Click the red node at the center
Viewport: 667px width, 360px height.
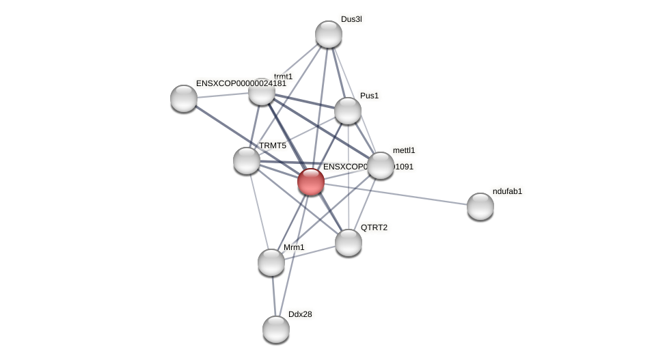coord(311,182)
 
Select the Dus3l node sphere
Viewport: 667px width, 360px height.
coord(329,34)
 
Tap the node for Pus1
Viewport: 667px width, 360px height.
coord(348,111)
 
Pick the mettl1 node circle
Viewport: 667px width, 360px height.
coord(381,165)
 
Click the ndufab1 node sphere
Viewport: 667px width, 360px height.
coord(480,206)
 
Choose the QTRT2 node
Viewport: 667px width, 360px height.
coord(349,243)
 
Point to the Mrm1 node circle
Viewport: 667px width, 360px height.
coord(271,262)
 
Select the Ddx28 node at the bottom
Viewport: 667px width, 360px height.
coord(276,329)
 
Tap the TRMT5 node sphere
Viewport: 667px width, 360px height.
coord(247,161)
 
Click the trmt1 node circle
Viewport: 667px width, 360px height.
coord(262,93)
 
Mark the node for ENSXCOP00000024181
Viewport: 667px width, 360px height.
coord(184,98)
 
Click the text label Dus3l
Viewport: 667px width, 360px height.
coord(351,19)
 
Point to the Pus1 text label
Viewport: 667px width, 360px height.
coord(369,96)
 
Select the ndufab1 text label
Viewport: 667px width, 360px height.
coord(507,191)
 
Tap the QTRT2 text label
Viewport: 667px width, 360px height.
coord(374,227)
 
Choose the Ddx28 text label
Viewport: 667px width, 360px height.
coord(300,314)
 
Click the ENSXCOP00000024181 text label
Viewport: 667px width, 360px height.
coord(241,83)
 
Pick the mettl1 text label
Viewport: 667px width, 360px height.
coord(404,150)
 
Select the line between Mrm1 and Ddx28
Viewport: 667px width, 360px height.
coord(273,296)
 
